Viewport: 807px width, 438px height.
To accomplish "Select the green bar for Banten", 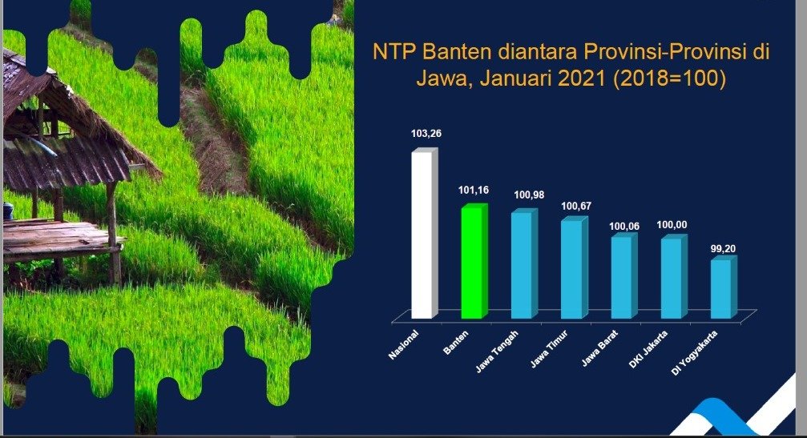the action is pos(474,261).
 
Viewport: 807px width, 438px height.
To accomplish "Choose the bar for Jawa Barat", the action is pos(623,276).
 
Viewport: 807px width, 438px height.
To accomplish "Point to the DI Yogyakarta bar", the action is pos(724,288).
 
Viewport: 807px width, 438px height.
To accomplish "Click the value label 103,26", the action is pos(426,134).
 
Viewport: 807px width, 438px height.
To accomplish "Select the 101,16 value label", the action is pos(474,191).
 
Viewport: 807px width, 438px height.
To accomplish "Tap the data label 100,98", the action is pos(529,195).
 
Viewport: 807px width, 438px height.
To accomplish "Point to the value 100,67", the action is pos(576,206).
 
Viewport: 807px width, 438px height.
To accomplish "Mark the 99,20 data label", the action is pos(723,249).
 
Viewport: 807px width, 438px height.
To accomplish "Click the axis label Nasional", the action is pos(404,344).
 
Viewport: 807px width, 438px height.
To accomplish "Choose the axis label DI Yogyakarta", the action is pos(694,353).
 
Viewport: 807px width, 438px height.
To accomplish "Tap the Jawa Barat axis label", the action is pos(599,348).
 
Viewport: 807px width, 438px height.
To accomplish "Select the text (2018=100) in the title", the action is pos(669,79).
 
